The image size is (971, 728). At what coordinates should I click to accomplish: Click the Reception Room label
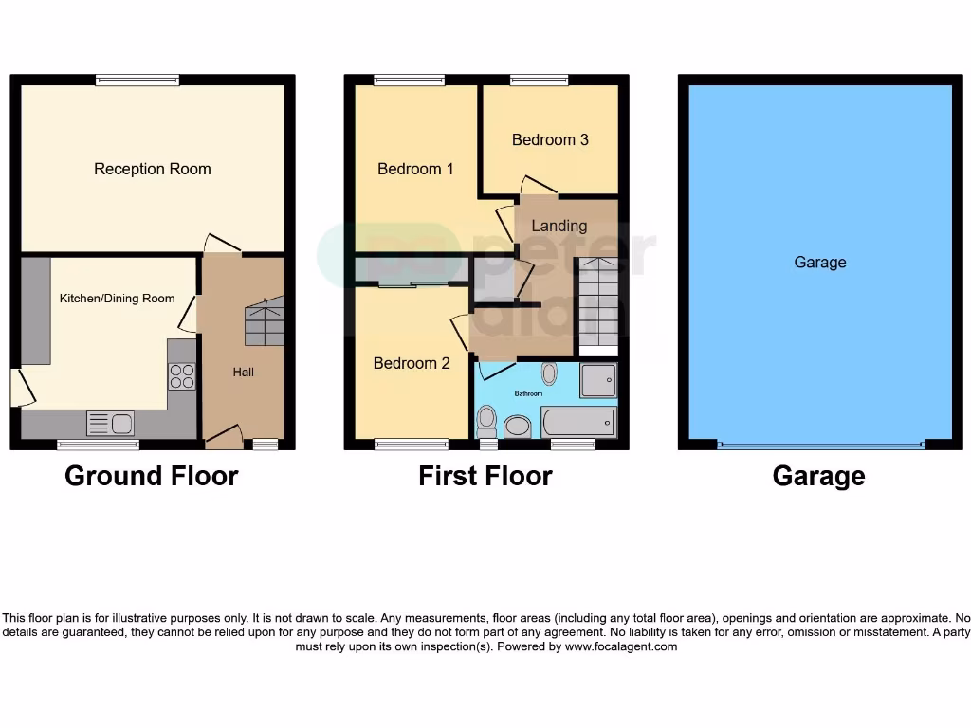[153, 169]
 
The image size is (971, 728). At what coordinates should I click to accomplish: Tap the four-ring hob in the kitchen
[182, 376]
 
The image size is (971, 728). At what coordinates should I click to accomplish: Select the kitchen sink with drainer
[110, 423]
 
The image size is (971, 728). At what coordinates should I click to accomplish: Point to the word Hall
[244, 373]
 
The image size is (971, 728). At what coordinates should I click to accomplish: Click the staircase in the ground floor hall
[265, 321]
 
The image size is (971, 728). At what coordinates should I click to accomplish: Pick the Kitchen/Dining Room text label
[118, 299]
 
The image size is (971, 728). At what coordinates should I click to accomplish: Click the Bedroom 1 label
[415, 169]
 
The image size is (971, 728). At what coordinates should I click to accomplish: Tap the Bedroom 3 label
[550, 139]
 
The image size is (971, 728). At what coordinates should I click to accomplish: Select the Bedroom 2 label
[412, 363]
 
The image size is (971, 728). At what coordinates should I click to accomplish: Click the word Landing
[559, 226]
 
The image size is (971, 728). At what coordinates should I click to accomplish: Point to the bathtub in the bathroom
[577, 422]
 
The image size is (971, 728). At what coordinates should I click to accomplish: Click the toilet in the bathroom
[487, 418]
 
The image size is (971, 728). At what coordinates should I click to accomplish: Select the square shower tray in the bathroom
[597, 380]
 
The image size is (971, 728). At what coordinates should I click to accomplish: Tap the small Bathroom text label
[528, 393]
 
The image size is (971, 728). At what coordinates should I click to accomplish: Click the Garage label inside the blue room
[819, 263]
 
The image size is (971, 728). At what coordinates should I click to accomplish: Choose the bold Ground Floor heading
[151, 475]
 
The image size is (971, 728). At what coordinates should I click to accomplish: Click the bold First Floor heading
[485, 475]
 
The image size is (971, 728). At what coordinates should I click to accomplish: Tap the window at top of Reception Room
[137, 81]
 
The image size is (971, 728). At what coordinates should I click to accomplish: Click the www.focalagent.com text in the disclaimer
[621, 646]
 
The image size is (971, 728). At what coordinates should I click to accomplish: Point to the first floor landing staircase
[597, 303]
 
